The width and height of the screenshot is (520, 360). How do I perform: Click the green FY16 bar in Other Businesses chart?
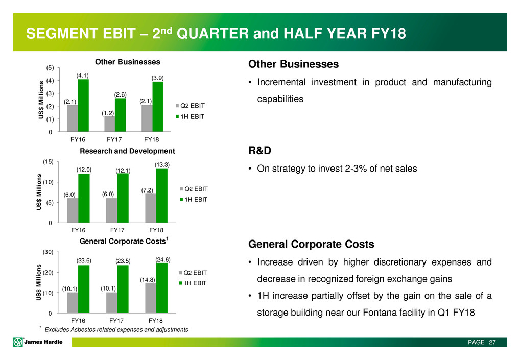click(x=83, y=106)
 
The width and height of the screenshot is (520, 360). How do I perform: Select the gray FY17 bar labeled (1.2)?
click(x=109, y=124)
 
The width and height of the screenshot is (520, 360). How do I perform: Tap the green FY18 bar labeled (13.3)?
click(x=161, y=196)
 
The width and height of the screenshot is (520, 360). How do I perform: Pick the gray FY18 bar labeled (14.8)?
click(x=151, y=298)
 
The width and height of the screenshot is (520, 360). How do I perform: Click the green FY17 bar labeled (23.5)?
click(x=122, y=289)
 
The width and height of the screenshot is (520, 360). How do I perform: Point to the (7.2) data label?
click(x=148, y=190)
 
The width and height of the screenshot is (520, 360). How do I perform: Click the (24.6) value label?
click(x=163, y=259)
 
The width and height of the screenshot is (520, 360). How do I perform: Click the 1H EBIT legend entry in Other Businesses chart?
click(x=194, y=116)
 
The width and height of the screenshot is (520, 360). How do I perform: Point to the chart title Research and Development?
click(x=127, y=151)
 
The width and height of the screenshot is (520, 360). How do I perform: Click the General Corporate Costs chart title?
click(x=123, y=241)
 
